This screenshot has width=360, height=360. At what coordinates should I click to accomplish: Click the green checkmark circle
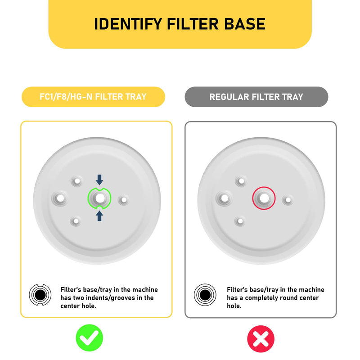point(89,338)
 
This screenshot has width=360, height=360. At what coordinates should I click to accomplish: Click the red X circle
point(261,339)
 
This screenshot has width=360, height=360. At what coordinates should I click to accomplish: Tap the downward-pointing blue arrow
point(99,180)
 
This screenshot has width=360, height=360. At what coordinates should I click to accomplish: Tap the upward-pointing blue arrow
point(99,216)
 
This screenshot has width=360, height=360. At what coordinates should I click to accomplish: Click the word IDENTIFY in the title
point(128,24)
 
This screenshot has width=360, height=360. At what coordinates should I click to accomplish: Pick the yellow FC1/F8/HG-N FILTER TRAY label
point(93,97)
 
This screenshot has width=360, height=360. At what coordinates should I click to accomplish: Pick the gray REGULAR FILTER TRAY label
point(256,97)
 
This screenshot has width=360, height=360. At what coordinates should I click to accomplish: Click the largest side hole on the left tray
point(60,198)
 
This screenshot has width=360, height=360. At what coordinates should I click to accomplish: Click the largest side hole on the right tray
point(225,198)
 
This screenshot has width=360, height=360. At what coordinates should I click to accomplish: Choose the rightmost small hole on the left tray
point(124,200)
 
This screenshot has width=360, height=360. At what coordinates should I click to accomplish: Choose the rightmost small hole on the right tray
point(288,200)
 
